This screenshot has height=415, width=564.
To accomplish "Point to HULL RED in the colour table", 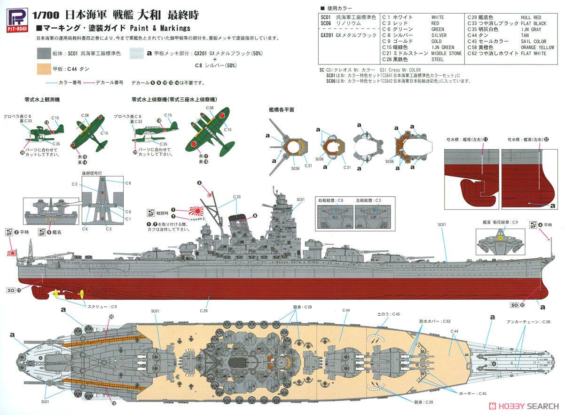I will [531, 17].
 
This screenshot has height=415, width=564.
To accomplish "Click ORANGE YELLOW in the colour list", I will [537, 48].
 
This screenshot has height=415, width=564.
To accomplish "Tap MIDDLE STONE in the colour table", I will [446, 53].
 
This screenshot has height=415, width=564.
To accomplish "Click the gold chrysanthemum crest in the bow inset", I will [500, 238].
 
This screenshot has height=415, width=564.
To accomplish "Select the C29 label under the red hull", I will [204, 311].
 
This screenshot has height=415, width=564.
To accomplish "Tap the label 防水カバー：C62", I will [435, 321].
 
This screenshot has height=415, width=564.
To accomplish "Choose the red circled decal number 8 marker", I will [255, 215].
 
